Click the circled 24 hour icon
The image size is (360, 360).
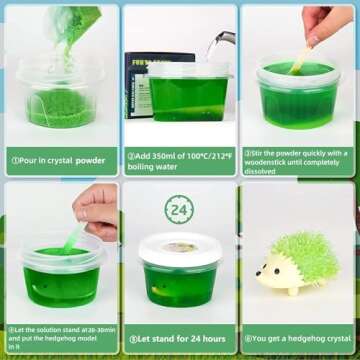180,211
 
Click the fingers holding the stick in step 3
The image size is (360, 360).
318,22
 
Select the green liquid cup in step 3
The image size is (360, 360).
299,100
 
